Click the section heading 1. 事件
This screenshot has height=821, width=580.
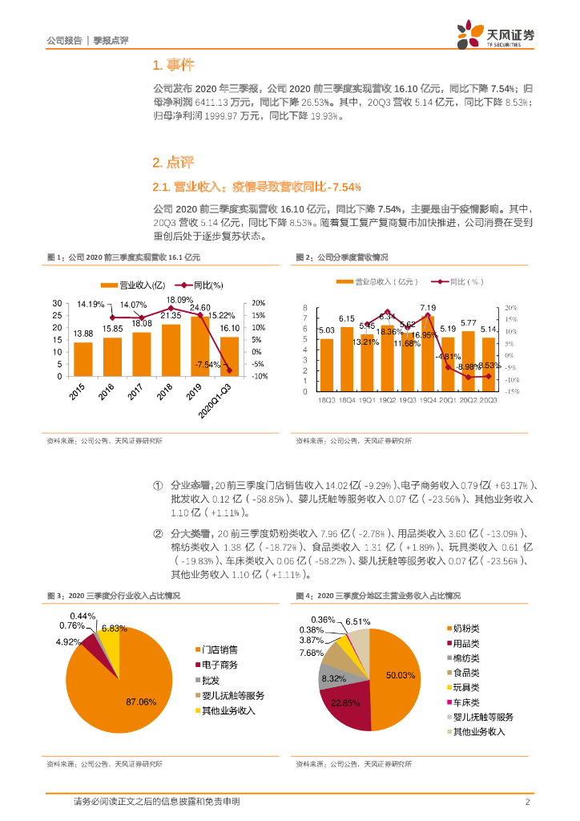click(x=172, y=66)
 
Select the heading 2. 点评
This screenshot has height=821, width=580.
click(x=172, y=163)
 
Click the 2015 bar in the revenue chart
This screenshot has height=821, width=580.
click(x=83, y=358)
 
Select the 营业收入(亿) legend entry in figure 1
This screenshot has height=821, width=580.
click(x=133, y=285)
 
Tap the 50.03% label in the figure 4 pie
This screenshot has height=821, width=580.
click(x=401, y=676)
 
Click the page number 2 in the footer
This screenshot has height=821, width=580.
click(x=527, y=803)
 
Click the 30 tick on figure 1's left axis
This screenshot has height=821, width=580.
click(x=57, y=302)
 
